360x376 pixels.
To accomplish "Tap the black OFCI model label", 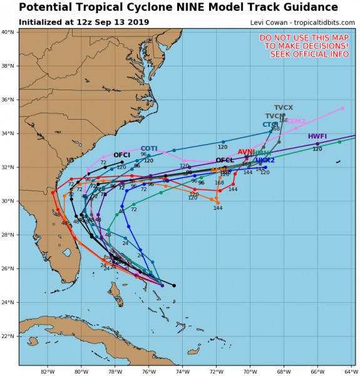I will [x=121, y=155].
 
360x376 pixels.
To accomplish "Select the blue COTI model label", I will [x=149, y=149].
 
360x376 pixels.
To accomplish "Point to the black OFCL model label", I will [x=224, y=160].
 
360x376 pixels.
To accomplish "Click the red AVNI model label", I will [x=246, y=152].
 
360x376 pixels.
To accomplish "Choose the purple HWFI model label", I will [x=317, y=137].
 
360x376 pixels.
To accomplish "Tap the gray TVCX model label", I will [x=284, y=108].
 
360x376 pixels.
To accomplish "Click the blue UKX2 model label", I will [x=265, y=160].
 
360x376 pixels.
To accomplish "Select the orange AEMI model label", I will [x=219, y=170].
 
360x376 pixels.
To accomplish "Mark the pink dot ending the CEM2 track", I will [x=342, y=108].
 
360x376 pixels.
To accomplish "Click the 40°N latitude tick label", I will [x=8, y=32].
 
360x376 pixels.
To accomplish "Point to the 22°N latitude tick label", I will [x=8, y=336].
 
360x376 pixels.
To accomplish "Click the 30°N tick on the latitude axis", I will [x=8, y=201].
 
